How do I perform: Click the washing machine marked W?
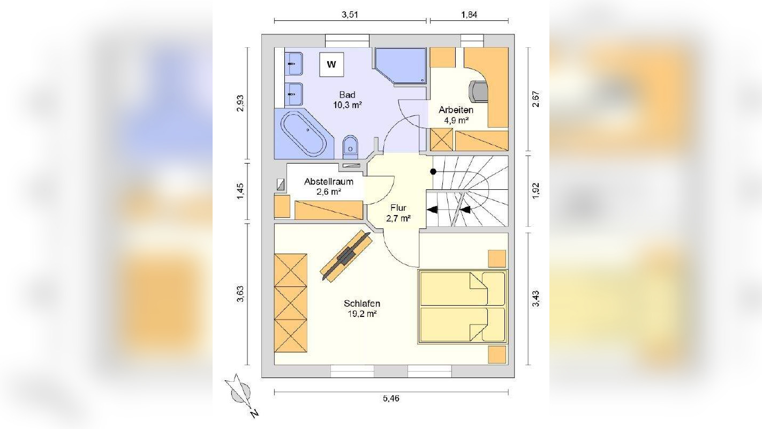coord(331,64)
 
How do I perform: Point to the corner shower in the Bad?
coord(401,65)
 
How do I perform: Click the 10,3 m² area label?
coord(347,105)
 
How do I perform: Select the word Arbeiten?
coord(456,110)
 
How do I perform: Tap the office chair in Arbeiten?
coord(479,91)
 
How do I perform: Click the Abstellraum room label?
coord(329,182)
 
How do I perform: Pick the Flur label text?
coord(398,208)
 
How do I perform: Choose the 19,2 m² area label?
coord(361,314)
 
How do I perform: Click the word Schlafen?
coord(361,304)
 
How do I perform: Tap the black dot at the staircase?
coord(433,172)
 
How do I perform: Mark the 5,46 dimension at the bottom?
coord(391,398)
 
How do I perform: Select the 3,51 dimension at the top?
coord(350,14)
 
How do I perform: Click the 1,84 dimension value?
coord(469,14)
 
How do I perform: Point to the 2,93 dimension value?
coord(240,103)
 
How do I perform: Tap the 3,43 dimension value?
coord(535,299)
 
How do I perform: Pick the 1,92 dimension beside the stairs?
coord(535,191)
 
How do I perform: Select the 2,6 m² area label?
coord(329,192)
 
